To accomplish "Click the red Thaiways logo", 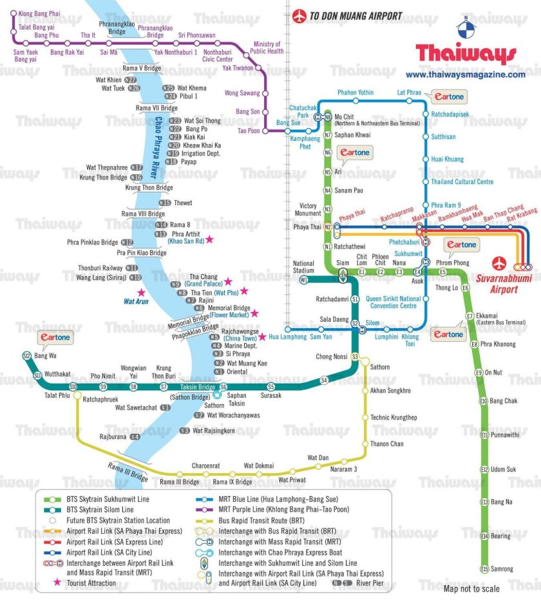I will click(x=466, y=53).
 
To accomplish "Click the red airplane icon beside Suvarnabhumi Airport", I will click(x=499, y=264).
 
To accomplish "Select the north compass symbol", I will click(x=465, y=26).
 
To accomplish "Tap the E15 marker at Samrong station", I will click(x=484, y=569).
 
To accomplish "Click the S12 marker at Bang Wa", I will click(x=26, y=356).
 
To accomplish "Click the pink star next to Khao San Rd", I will click(x=209, y=240).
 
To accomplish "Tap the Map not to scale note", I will click(x=471, y=588).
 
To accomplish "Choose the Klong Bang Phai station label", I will click(x=39, y=13).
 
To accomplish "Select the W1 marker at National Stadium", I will click(x=303, y=280).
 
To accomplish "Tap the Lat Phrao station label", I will click(x=409, y=93).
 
